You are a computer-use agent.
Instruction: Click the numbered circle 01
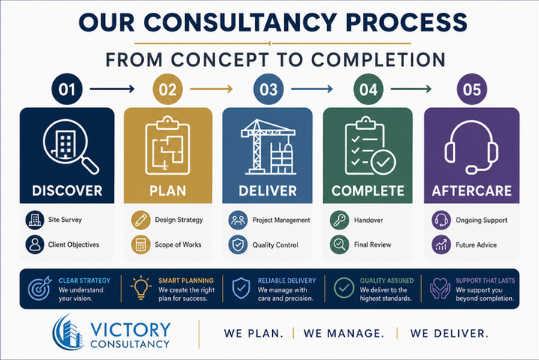click(67, 89)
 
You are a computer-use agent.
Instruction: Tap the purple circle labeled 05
click(472, 89)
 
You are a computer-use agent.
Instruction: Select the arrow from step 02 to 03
click(211, 89)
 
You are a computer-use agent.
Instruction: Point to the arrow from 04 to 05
click(411, 89)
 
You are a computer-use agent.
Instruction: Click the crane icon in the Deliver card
click(268, 147)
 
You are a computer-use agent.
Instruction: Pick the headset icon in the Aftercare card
click(472, 147)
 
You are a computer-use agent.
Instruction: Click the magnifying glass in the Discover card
click(70, 146)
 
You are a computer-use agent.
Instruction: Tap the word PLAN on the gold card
click(168, 190)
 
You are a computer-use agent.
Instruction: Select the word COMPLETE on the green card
click(368, 190)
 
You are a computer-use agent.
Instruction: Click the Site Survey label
click(65, 220)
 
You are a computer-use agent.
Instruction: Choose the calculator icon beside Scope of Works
click(141, 244)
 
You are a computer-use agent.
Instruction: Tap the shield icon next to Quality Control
click(238, 244)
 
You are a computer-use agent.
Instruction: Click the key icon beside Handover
click(340, 220)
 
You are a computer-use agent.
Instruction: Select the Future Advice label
click(476, 244)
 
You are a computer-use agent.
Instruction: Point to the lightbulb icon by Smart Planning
click(141, 288)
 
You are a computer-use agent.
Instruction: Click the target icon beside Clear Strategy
click(40, 288)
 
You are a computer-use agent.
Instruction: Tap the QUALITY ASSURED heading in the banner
click(387, 280)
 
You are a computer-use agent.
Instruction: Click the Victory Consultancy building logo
click(68, 332)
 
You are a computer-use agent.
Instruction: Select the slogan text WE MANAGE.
click(344, 333)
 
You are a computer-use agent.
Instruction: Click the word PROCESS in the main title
click(406, 22)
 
